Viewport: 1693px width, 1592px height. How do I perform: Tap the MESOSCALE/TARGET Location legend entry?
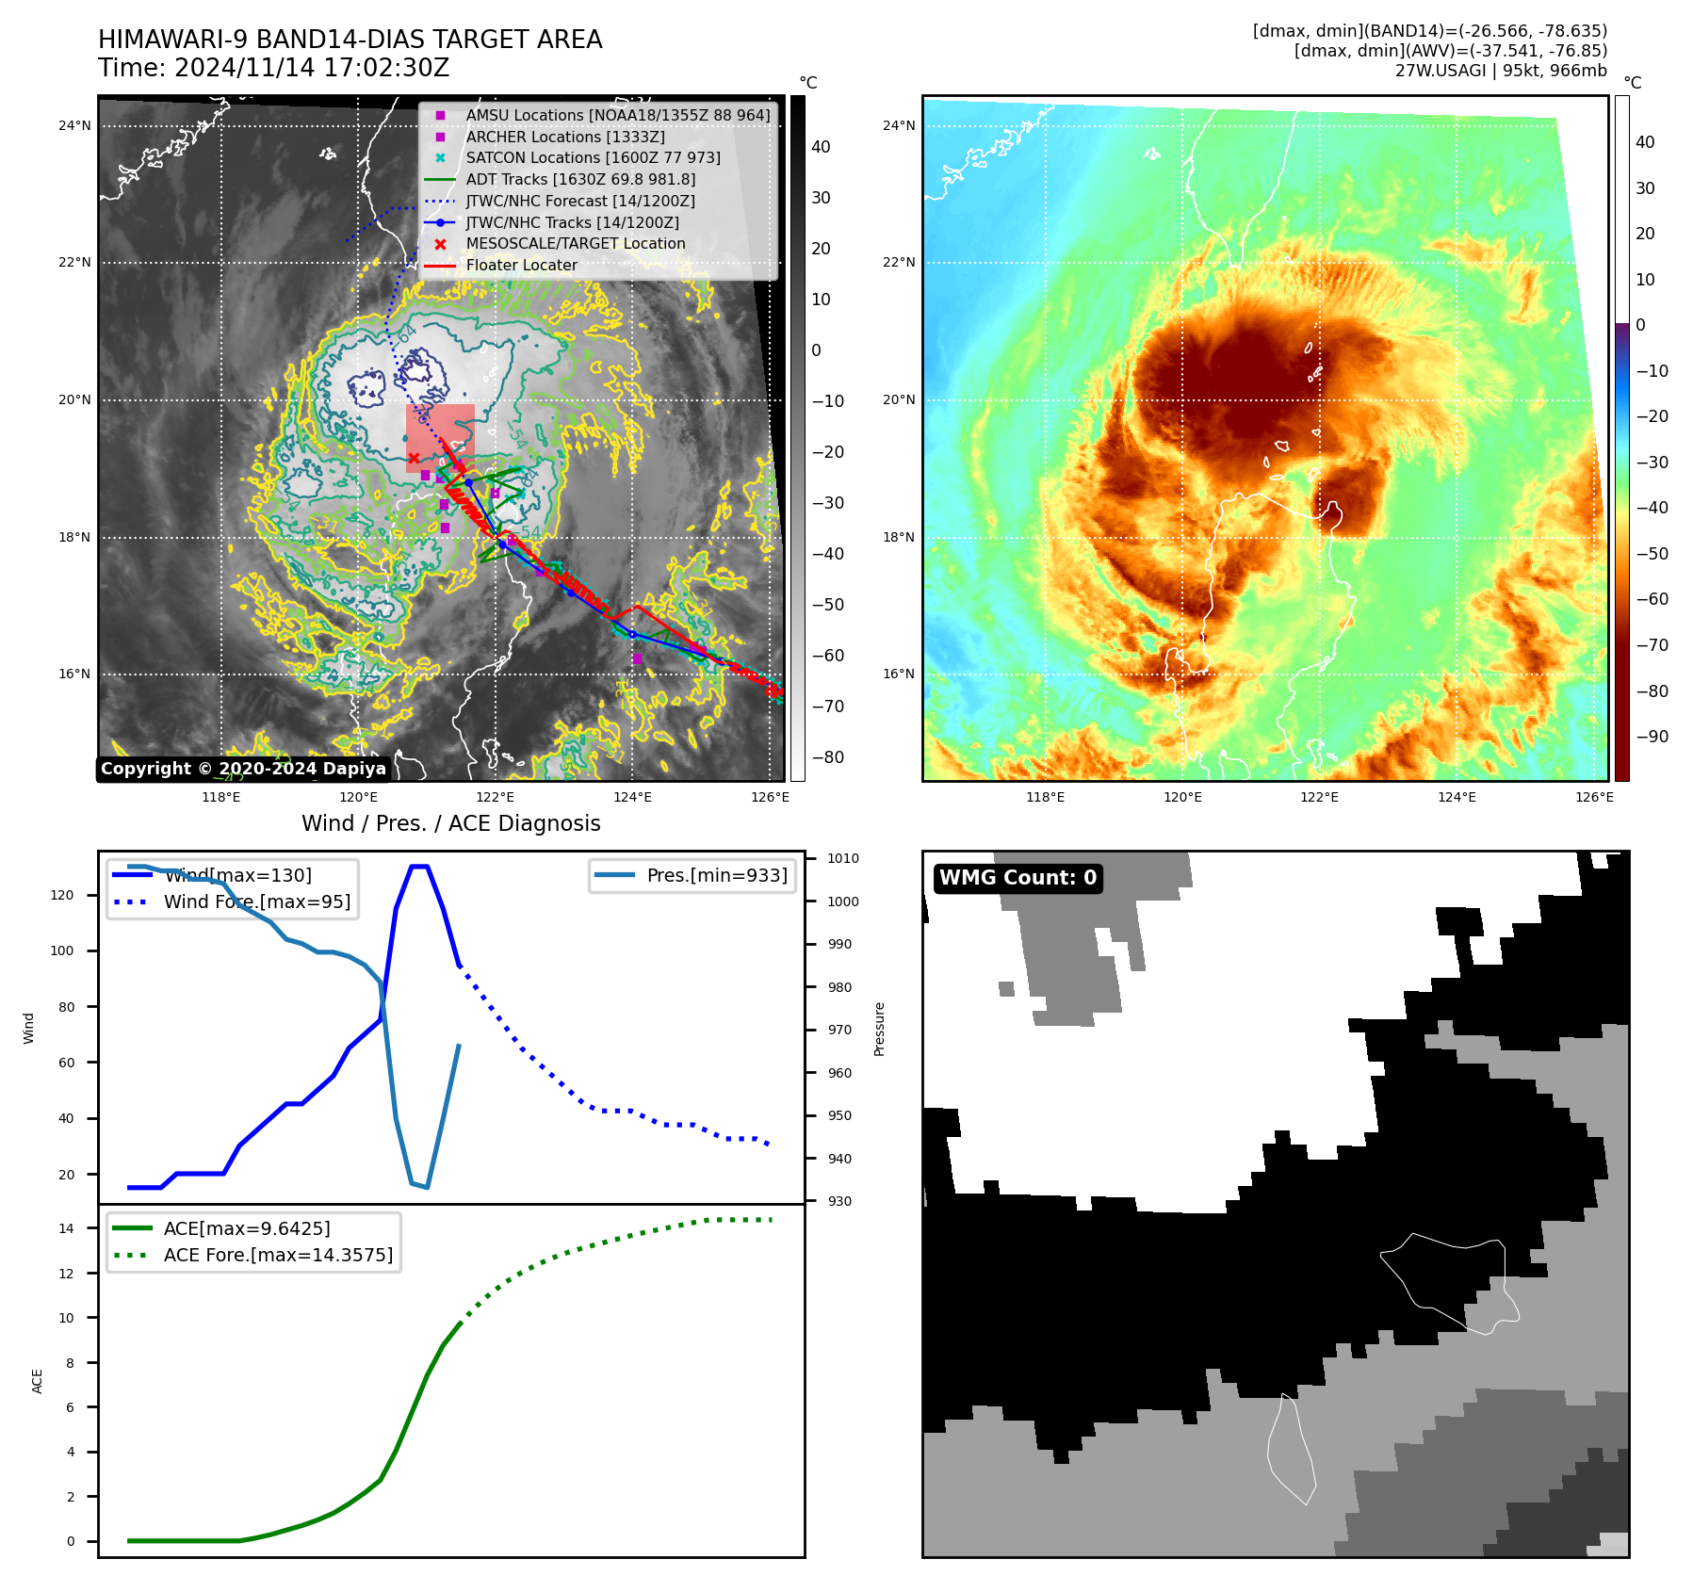click(575, 244)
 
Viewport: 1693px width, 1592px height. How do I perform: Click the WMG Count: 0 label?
click(1017, 878)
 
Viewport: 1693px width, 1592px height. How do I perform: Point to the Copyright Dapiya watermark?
click(243, 769)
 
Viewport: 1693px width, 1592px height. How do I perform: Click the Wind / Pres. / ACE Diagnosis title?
click(450, 823)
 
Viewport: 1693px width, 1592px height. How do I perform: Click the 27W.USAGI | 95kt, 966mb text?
click(1501, 71)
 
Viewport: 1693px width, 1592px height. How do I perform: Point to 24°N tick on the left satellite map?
click(74, 125)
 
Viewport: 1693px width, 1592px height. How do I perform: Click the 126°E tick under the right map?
click(1594, 797)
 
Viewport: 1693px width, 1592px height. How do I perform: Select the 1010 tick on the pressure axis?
click(843, 858)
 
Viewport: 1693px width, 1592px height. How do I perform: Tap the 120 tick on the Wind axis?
click(62, 895)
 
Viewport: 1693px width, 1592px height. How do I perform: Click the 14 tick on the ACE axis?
click(66, 1228)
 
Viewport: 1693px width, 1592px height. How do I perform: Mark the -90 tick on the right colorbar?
click(1652, 737)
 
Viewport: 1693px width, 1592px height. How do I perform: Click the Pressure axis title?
click(879, 1029)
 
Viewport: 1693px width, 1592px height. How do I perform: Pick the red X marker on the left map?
click(414, 459)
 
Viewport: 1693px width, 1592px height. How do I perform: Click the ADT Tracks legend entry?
click(579, 179)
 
